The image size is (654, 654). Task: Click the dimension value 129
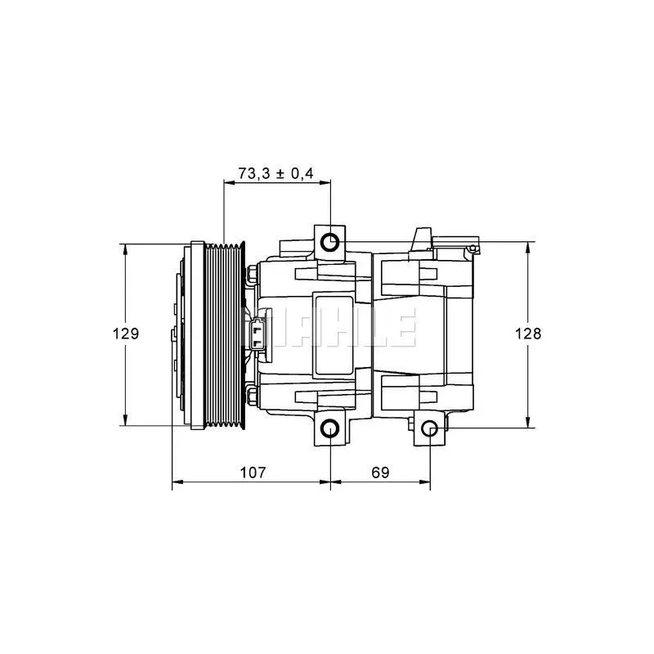pyautogui.click(x=126, y=334)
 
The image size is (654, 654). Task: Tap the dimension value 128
pyautogui.click(x=527, y=334)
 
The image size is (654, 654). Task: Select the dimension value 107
pyautogui.click(x=253, y=473)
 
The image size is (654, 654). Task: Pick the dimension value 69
pyautogui.click(x=380, y=473)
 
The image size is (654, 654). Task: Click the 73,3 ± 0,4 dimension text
pyautogui.click(x=275, y=172)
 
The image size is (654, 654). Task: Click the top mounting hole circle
pyautogui.click(x=330, y=242)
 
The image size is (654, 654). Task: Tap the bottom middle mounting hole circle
pyautogui.click(x=330, y=428)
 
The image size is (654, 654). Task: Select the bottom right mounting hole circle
pyautogui.click(x=430, y=428)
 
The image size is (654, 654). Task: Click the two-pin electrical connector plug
pyautogui.click(x=258, y=334)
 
